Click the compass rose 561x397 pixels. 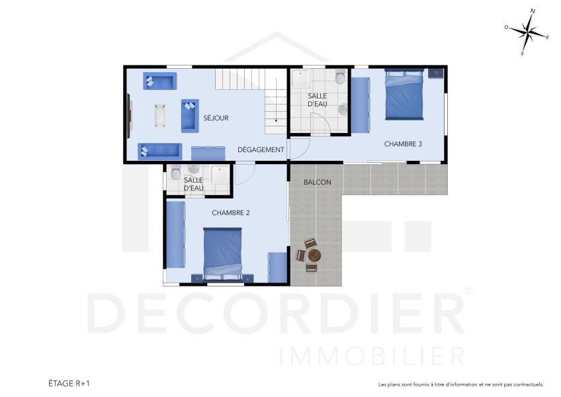(x=527, y=32)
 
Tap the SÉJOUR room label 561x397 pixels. (x=216, y=118)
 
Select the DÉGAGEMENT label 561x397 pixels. (x=261, y=150)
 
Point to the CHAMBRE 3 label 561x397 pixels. (x=403, y=144)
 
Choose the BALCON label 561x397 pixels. (x=318, y=182)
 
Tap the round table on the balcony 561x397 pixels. (x=314, y=255)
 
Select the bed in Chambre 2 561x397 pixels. (x=222, y=253)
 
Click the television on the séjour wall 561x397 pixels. (x=130, y=115)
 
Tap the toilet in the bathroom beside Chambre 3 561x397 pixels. (x=340, y=78)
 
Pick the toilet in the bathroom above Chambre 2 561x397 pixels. (x=175, y=174)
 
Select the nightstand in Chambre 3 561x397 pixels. (x=435, y=73)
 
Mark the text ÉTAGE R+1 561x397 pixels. (x=69, y=383)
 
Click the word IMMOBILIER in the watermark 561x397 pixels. (x=372, y=355)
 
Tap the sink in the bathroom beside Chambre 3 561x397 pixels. (x=343, y=109)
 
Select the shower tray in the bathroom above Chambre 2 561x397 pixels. (x=219, y=177)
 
